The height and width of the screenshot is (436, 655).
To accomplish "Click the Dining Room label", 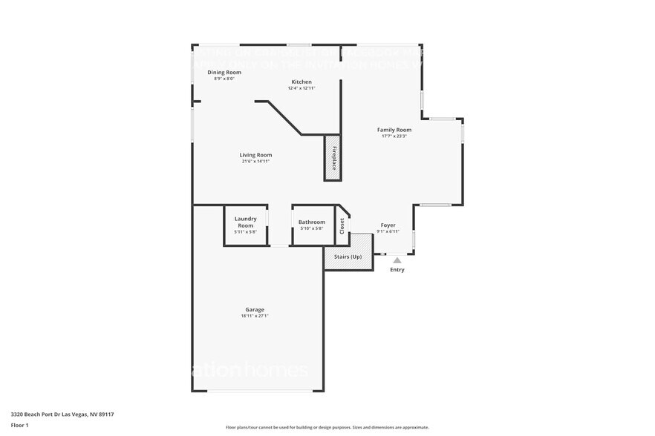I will pos(224,72).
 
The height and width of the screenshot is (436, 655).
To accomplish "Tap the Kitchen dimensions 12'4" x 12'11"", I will pos(302,88).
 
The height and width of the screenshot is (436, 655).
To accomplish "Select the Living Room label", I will pos(255,155).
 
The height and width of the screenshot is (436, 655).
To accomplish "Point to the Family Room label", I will pos(394,130).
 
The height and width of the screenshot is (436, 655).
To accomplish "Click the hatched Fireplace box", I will pos(333,158).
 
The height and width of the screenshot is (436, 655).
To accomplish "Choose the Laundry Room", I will pos(245,221).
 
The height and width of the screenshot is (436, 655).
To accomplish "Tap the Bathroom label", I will pos(311,222).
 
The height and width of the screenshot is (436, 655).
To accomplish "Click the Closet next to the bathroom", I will pos(342,225).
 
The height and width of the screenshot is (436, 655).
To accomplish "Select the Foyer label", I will pos(388,225).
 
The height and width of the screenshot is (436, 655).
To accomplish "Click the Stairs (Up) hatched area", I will pos(348,257).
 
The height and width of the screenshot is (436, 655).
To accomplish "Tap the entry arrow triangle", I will pos(397,260).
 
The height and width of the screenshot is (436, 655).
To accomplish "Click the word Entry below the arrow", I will pos(397,270).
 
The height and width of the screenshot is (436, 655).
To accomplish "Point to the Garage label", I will pos(255,309).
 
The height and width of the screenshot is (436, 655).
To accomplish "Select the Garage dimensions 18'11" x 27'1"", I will pos(255,316).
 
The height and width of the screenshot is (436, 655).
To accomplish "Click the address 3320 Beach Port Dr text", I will pos(62,414).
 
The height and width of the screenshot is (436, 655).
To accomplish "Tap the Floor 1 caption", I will pos(19,425).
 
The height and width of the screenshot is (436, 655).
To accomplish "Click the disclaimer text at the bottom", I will pos(327,427).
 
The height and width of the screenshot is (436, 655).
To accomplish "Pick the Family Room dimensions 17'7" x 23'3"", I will pos(394,136).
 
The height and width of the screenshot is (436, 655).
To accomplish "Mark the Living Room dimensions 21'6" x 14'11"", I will pos(255,161).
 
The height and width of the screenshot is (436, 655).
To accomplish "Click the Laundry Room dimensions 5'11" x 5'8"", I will pos(245,232).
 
